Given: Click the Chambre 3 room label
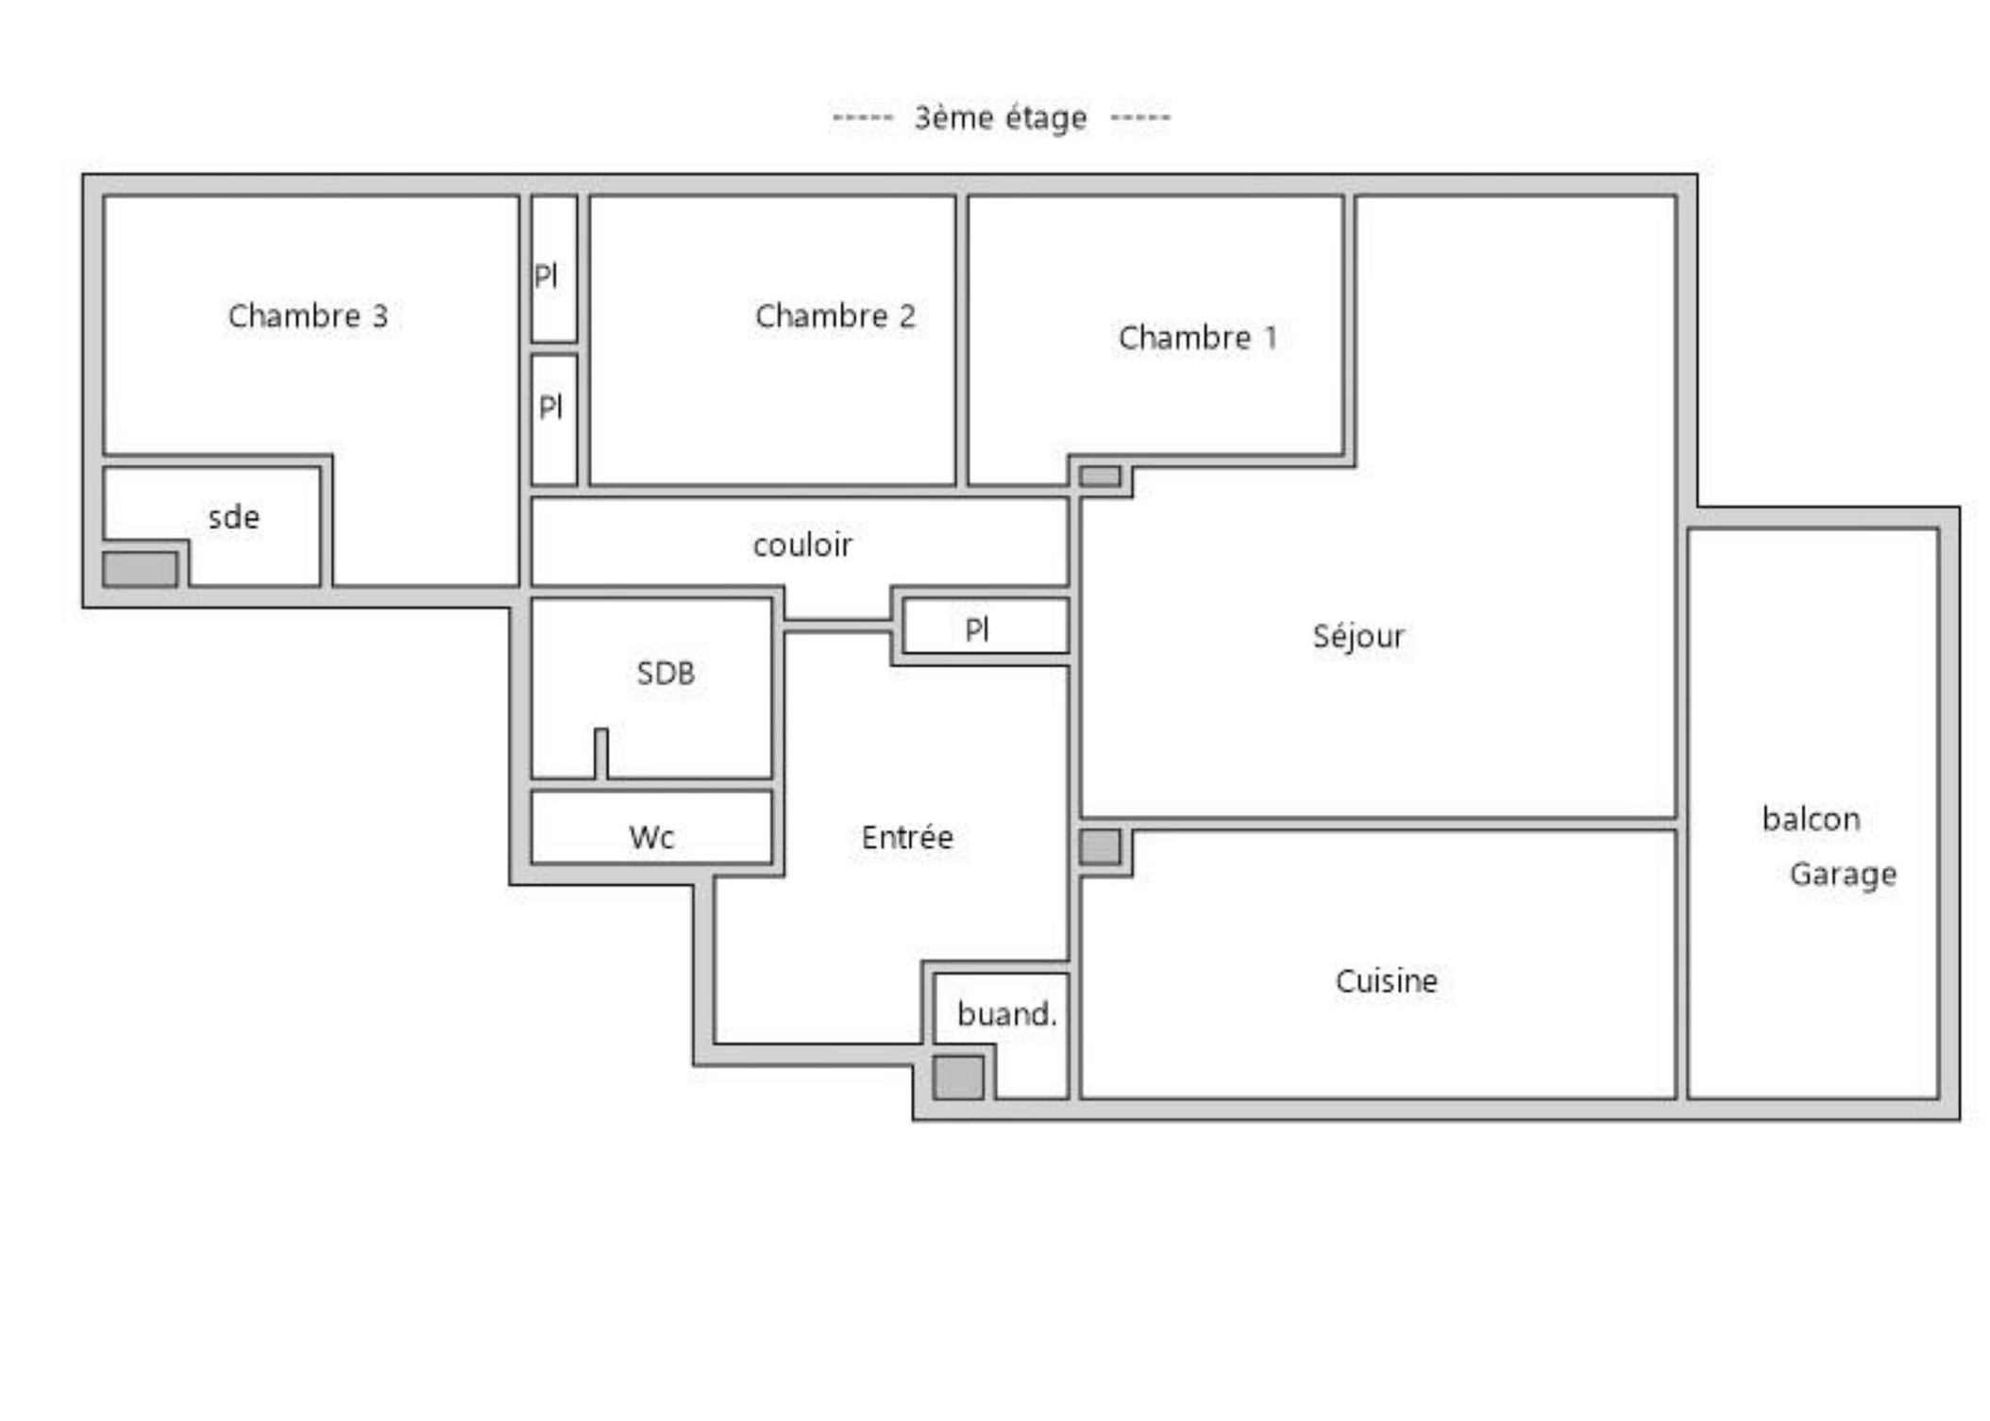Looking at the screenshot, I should coord(308,316).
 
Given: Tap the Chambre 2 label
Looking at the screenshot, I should coord(835,316).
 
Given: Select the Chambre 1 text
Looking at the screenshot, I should coord(1197,338).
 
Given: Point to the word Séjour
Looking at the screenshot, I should coord(1358,637).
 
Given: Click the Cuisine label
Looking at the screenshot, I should coord(1386,981).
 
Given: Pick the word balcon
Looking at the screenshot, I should coord(1811,819).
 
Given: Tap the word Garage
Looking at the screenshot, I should coord(1842,875).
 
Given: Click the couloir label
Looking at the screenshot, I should coord(802,545).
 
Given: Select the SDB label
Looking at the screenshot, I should coord(666,674).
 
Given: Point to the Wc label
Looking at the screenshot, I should coord(651,838).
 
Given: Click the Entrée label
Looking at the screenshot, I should coord(907,838).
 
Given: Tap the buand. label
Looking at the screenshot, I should coord(1006,1014).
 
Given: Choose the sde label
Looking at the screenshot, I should coord(233,517).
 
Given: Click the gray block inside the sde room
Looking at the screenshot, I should coord(140,569).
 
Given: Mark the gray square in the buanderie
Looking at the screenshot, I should coord(958,1077).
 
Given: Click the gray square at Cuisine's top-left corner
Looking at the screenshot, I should coord(1100,846).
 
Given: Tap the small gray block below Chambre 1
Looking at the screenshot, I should coord(1100,476).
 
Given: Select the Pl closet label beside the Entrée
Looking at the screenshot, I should coord(977,629).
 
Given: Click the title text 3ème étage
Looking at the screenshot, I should coord(1001,118).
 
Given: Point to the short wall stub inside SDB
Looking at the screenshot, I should coord(600,752).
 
